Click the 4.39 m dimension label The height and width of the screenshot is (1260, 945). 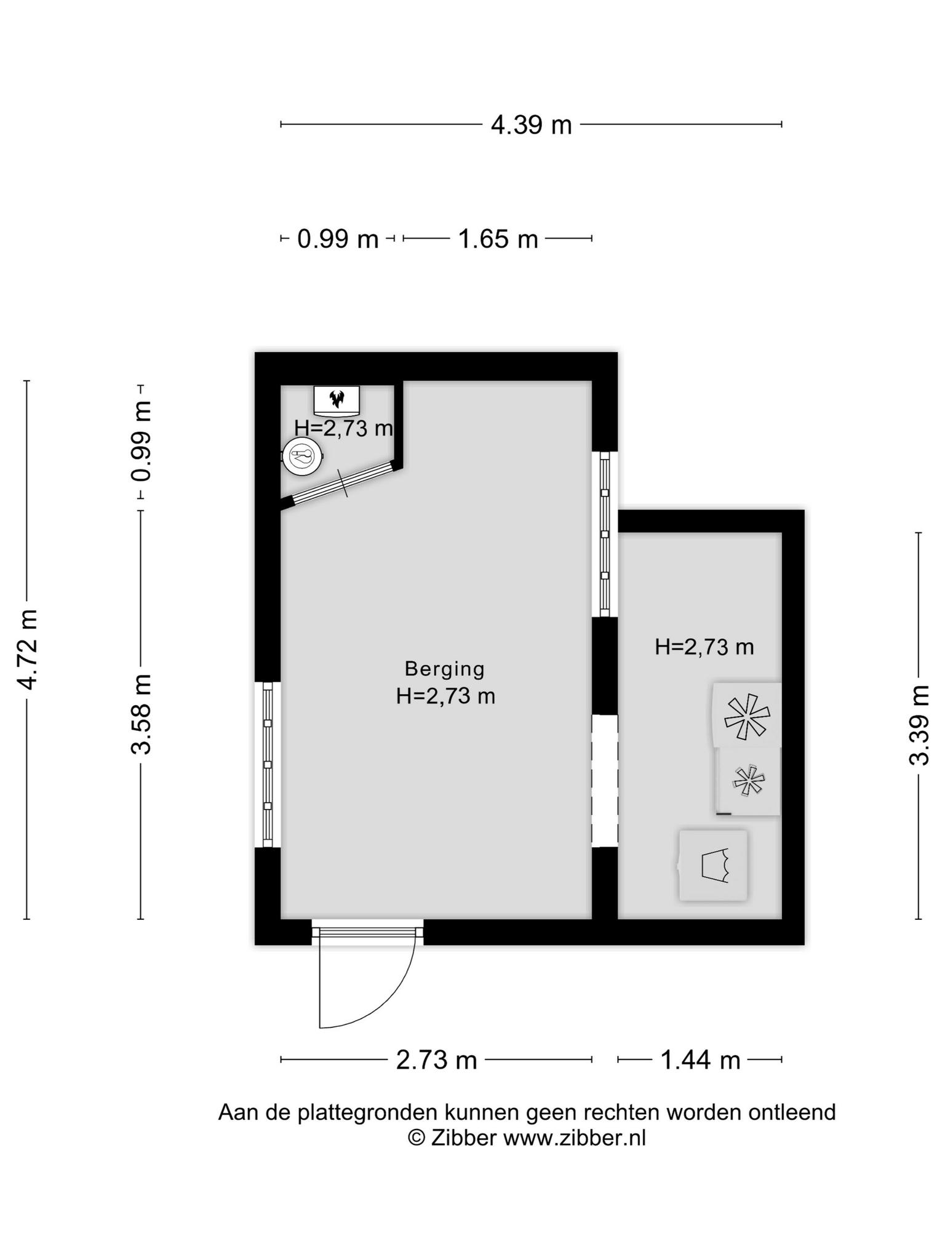[531, 125]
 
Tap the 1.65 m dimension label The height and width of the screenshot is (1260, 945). [498, 239]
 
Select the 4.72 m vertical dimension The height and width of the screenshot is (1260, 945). [28, 650]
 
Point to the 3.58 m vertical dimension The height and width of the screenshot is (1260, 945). [141, 714]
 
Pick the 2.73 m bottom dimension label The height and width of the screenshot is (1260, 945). [436, 1060]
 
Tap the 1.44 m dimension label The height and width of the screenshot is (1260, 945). [700, 1060]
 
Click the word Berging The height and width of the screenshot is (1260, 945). [445, 668]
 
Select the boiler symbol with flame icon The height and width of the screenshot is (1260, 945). [337, 400]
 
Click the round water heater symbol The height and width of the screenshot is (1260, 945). [301, 457]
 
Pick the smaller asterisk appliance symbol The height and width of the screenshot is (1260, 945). [749, 781]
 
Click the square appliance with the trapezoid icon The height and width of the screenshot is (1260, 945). [713, 866]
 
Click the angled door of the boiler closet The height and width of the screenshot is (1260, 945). [342, 483]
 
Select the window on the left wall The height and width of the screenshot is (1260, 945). [268, 764]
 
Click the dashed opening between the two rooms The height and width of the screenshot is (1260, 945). [605, 781]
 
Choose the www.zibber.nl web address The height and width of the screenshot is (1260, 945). [575, 1138]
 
